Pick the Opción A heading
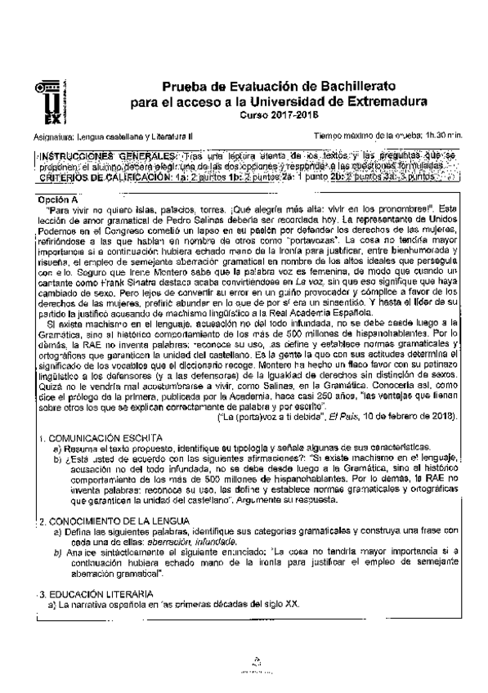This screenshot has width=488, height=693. [x=58, y=198]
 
